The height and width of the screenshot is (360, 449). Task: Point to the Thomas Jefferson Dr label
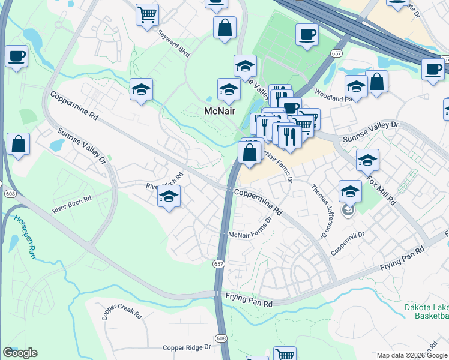tap(322, 209)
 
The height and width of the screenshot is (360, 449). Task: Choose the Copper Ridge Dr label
tap(187, 347)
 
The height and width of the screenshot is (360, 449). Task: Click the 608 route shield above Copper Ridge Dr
tap(221, 338)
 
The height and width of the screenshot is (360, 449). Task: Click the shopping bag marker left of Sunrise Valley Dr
tap(19, 144)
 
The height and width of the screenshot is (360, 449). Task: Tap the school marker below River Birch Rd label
tap(169, 196)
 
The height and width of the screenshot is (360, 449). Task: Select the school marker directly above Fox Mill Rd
tap(367, 160)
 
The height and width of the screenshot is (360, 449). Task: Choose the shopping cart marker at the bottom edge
tap(285, 354)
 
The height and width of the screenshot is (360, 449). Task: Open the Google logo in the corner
tap(20, 353)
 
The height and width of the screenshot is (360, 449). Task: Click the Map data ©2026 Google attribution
tap(411, 356)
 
